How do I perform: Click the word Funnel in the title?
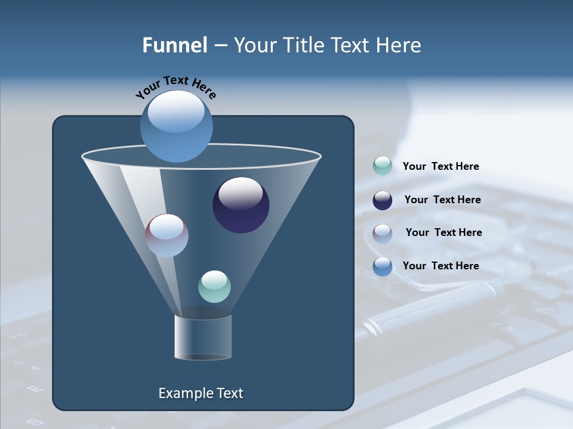click(175, 45)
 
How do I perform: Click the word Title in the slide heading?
click(301, 45)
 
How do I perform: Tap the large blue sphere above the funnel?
click(176, 126)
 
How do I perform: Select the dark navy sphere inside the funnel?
click(241, 205)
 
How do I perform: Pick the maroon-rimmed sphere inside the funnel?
click(167, 235)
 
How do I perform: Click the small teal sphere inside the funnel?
click(214, 287)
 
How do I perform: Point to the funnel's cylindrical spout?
click(203, 337)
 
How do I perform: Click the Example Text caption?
click(201, 393)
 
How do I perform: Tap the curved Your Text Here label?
click(175, 87)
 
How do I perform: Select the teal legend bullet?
click(382, 166)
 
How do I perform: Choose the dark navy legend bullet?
click(382, 200)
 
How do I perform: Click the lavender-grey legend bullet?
click(382, 234)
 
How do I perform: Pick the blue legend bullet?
click(382, 266)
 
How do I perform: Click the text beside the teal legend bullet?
click(440, 167)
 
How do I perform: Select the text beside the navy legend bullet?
click(442, 200)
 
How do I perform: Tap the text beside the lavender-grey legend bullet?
click(443, 233)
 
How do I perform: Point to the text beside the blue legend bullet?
click(440, 266)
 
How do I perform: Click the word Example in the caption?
click(184, 393)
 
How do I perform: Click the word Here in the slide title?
click(399, 45)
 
